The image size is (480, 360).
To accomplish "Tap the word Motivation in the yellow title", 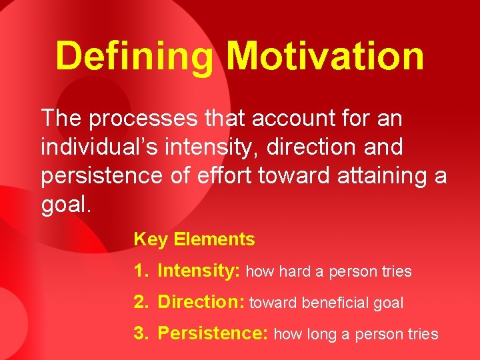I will [325, 56].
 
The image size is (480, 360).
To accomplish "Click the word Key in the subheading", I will [149, 239].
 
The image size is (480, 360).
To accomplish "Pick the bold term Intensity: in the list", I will [199, 271].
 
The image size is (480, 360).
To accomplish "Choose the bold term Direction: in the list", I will [201, 303].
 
